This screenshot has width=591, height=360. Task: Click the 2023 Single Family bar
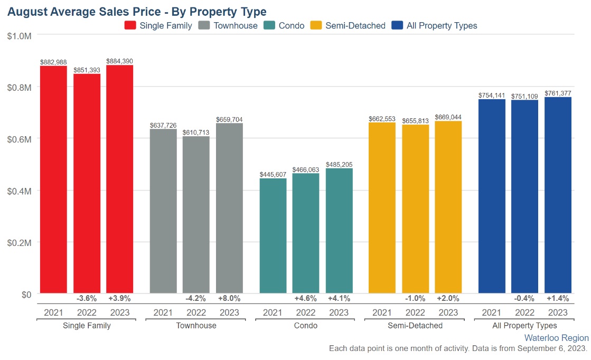119,179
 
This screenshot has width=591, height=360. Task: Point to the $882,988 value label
53,62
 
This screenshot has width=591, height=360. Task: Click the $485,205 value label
339,165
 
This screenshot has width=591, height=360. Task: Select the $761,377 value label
558,93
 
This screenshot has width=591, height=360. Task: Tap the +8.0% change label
229,298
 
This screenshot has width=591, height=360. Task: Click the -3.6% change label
87,298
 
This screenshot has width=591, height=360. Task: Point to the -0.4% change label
524,298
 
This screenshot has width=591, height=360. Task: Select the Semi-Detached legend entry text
355,25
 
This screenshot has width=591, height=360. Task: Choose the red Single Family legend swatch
130,25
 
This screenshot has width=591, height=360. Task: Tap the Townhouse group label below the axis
196,326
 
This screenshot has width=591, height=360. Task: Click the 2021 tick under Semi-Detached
382,312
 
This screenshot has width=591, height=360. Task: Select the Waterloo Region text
556,338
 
